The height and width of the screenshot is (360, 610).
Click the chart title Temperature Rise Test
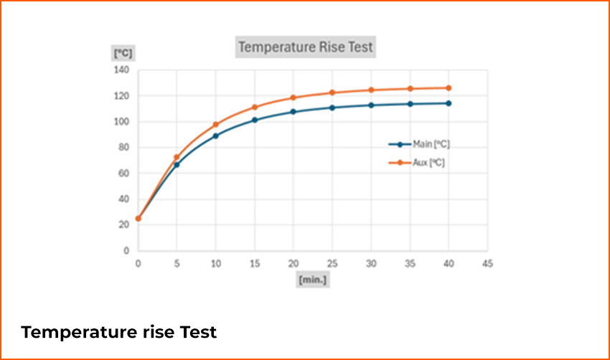coord(306,48)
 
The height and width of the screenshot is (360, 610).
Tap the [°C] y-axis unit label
coord(123,53)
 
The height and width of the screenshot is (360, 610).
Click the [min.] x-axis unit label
coord(312,280)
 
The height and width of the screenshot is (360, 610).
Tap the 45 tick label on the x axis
coord(487,263)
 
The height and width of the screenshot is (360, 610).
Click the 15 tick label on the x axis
coord(254,263)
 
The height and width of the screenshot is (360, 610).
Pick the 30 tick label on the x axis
coord(371,263)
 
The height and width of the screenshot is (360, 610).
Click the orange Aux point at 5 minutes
coord(177,157)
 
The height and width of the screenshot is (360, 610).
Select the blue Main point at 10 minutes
coord(215,136)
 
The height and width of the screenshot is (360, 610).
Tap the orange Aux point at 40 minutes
coord(449,88)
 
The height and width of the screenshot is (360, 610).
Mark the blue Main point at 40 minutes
coord(449,103)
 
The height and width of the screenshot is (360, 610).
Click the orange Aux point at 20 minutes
coord(293,98)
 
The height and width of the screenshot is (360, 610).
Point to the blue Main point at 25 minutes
coord(332,108)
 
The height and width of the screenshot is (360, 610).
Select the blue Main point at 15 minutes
coord(254,120)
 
